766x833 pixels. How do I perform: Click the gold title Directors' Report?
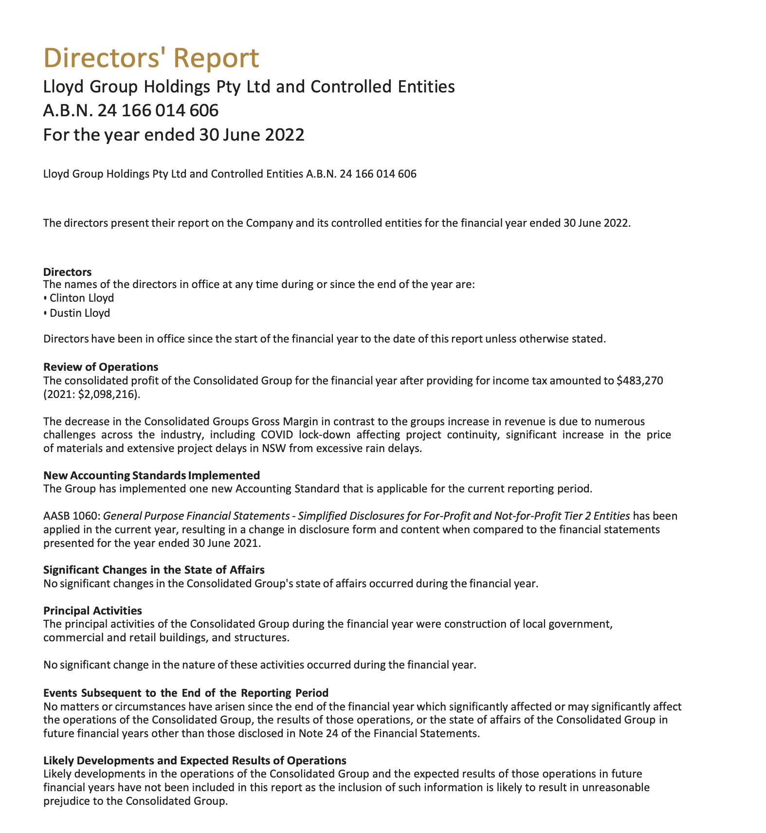click(151, 58)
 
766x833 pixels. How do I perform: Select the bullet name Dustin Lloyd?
click(80, 313)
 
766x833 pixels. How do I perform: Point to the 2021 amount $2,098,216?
click(107, 395)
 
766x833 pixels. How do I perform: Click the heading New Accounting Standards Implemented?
click(151, 475)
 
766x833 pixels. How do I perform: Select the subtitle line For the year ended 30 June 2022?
click(174, 134)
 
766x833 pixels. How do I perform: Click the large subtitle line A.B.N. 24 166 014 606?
click(130, 111)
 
